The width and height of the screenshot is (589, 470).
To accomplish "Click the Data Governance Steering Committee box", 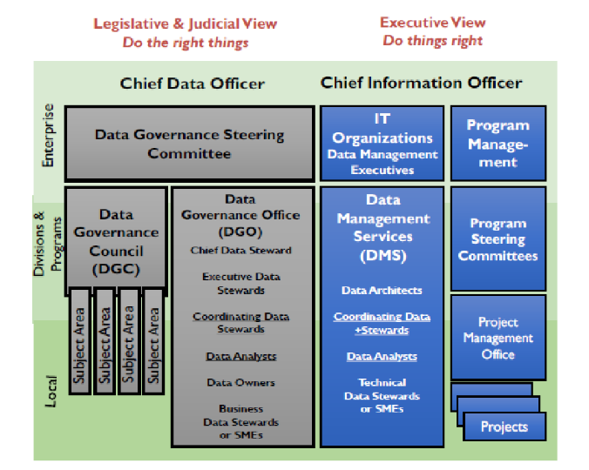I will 189,144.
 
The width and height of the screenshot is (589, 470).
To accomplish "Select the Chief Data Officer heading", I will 192,84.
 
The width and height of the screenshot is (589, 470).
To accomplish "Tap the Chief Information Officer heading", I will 422,83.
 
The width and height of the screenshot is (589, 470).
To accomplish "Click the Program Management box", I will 498,144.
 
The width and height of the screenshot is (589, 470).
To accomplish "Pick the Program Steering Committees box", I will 498,239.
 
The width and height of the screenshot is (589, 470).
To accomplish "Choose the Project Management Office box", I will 498,338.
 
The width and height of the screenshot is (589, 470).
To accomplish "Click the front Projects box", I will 504,426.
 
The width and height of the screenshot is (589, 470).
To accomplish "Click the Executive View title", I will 432,23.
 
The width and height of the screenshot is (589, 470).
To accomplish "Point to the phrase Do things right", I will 432,41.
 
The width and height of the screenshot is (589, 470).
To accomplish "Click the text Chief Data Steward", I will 240,251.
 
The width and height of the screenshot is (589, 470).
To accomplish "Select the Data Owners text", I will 240,382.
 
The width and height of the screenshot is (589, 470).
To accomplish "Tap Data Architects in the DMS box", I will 382,290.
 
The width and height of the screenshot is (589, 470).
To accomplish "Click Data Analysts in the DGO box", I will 240,356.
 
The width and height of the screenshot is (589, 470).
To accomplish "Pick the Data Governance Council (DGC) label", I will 116,241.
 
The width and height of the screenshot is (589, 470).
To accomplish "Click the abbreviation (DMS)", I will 383,256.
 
